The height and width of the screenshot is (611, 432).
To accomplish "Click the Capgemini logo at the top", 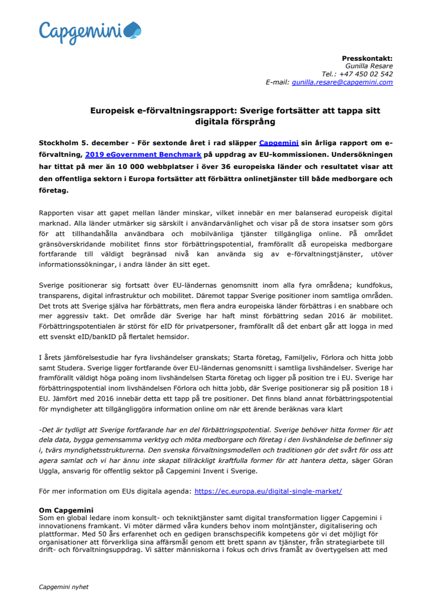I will [x=90, y=31].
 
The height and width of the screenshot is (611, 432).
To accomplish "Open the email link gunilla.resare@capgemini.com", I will [x=342, y=83].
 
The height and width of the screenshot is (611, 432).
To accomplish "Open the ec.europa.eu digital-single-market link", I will [x=268, y=491].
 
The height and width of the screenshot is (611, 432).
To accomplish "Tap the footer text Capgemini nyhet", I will [x=63, y=587].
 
